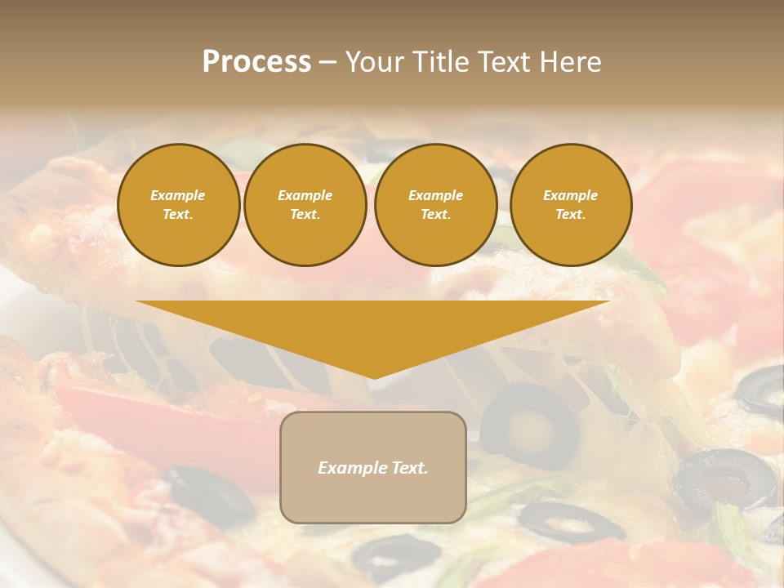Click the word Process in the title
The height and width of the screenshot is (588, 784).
click(x=256, y=62)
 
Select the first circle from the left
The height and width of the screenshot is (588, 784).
click(x=179, y=205)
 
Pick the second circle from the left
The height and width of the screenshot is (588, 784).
click(x=305, y=205)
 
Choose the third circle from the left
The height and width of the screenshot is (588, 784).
click(x=435, y=205)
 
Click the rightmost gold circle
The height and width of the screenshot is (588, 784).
click(x=571, y=205)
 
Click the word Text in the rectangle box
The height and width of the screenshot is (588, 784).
click(x=410, y=468)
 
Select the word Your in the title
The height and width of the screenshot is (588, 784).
click(x=375, y=62)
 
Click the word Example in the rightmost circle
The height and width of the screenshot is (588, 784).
click(x=570, y=195)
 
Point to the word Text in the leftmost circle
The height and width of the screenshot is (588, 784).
click(x=177, y=215)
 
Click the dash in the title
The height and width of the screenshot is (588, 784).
click(x=328, y=62)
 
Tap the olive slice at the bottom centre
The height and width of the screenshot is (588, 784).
click(x=397, y=555)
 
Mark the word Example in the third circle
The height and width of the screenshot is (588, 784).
click(x=435, y=195)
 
